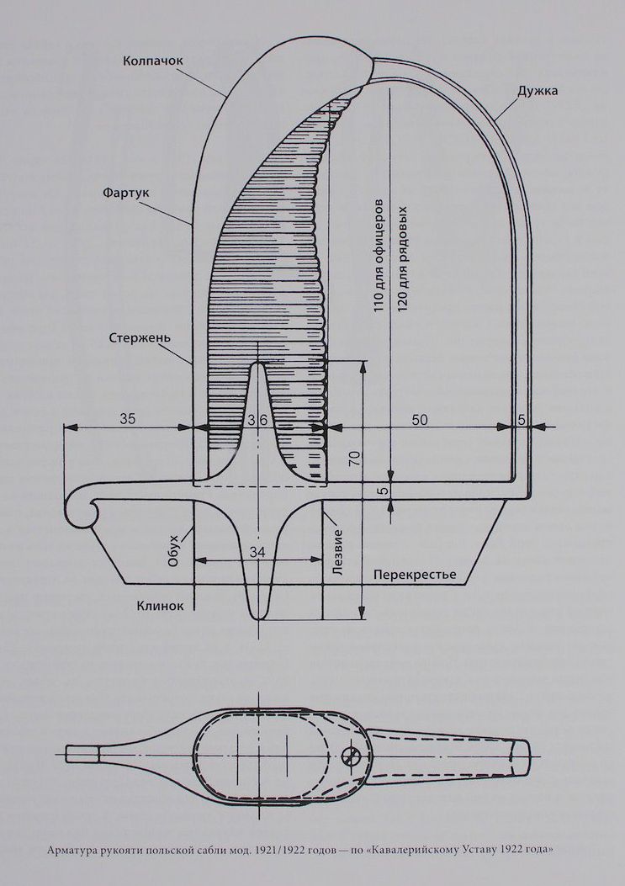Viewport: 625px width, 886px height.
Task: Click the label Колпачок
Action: [152, 61]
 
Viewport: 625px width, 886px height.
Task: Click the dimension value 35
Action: [126, 418]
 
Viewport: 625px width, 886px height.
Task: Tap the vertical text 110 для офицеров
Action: [379, 255]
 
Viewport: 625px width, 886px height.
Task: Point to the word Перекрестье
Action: [414, 575]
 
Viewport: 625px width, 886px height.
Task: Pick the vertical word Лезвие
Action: [337, 551]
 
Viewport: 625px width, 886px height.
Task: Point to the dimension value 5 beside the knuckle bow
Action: [522, 418]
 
